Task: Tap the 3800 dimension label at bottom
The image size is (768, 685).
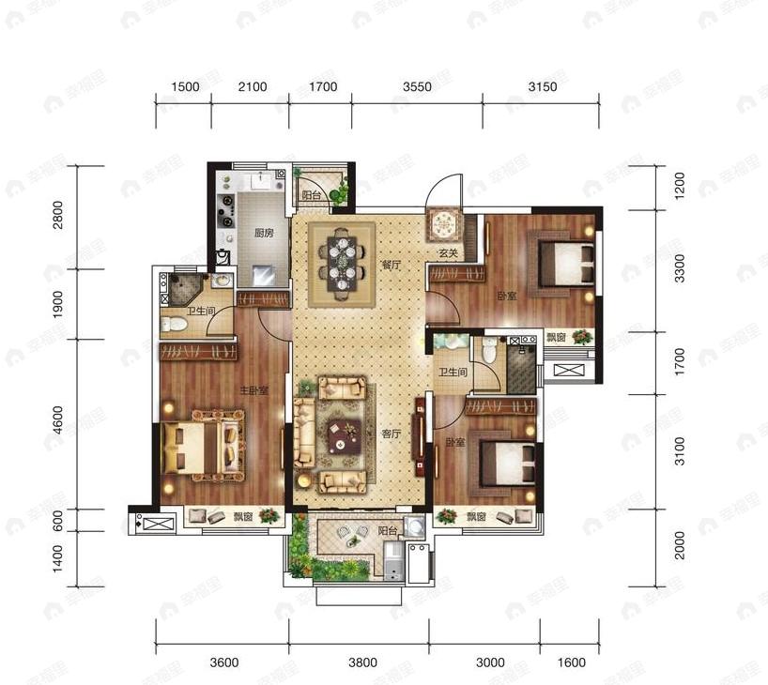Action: pos(362,662)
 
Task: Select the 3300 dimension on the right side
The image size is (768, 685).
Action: pos(681,269)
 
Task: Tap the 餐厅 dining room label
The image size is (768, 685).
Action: pos(392,266)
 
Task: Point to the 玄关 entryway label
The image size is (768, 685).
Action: pos(446,253)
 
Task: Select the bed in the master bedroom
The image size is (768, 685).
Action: pos(203,445)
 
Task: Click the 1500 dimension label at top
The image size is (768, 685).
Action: pos(186,87)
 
